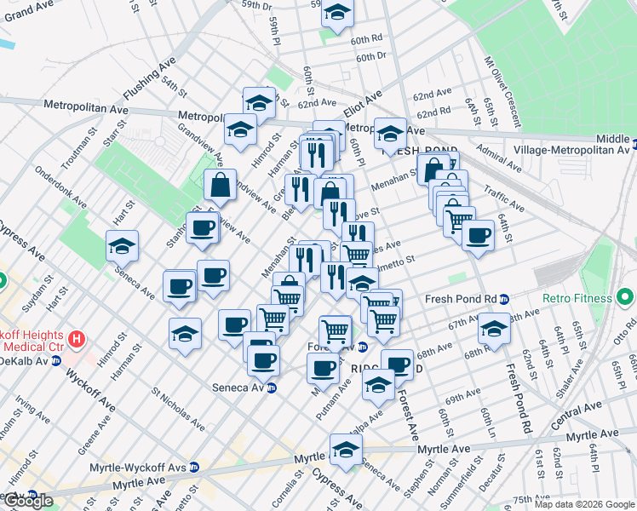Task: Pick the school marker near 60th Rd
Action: pyautogui.click(x=337, y=14)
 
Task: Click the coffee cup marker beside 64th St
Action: pyautogui.click(x=479, y=234)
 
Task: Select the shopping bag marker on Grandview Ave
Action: pyautogui.click(x=221, y=184)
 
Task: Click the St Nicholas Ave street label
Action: pyautogui.click(x=180, y=410)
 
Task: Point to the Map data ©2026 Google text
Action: pyautogui.click(x=585, y=504)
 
